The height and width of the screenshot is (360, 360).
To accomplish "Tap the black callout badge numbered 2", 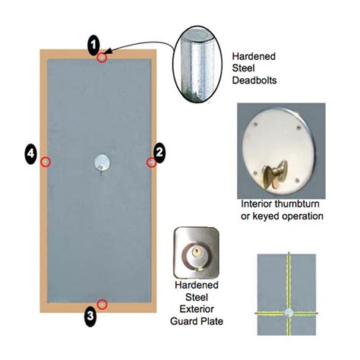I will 159,152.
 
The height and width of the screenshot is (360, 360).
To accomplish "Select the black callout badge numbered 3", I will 90,317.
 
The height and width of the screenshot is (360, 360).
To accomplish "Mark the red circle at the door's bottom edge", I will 102,304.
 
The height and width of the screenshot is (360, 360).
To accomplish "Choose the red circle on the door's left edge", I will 46,162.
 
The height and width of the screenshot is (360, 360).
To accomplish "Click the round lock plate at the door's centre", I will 100,161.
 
